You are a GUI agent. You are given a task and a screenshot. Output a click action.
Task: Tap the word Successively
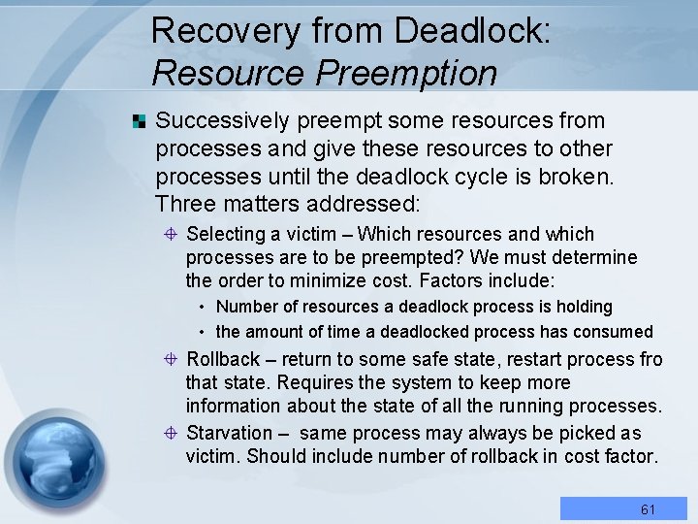click(x=222, y=121)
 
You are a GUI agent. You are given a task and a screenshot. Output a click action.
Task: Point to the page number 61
click(x=649, y=509)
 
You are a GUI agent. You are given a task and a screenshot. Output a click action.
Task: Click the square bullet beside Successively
click(x=140, y=121)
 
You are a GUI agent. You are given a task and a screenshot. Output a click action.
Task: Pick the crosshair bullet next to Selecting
click(x=170, y=235)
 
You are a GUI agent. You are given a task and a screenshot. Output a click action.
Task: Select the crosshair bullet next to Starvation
click(x=170, y=433)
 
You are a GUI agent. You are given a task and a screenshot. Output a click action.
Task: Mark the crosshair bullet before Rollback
click(x=170, y=360)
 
